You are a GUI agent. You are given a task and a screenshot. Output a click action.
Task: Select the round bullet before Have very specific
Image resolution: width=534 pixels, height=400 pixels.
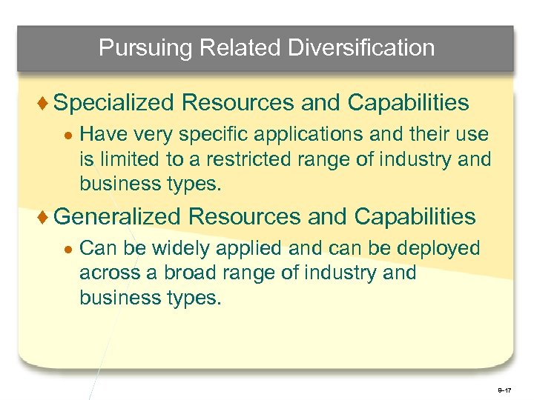(x=67, y=135)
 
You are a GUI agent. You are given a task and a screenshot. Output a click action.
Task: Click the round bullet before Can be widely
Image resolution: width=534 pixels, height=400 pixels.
(x=67, y=249)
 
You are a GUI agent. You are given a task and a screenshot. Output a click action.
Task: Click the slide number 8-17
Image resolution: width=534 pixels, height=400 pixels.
(x=505, y=389)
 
